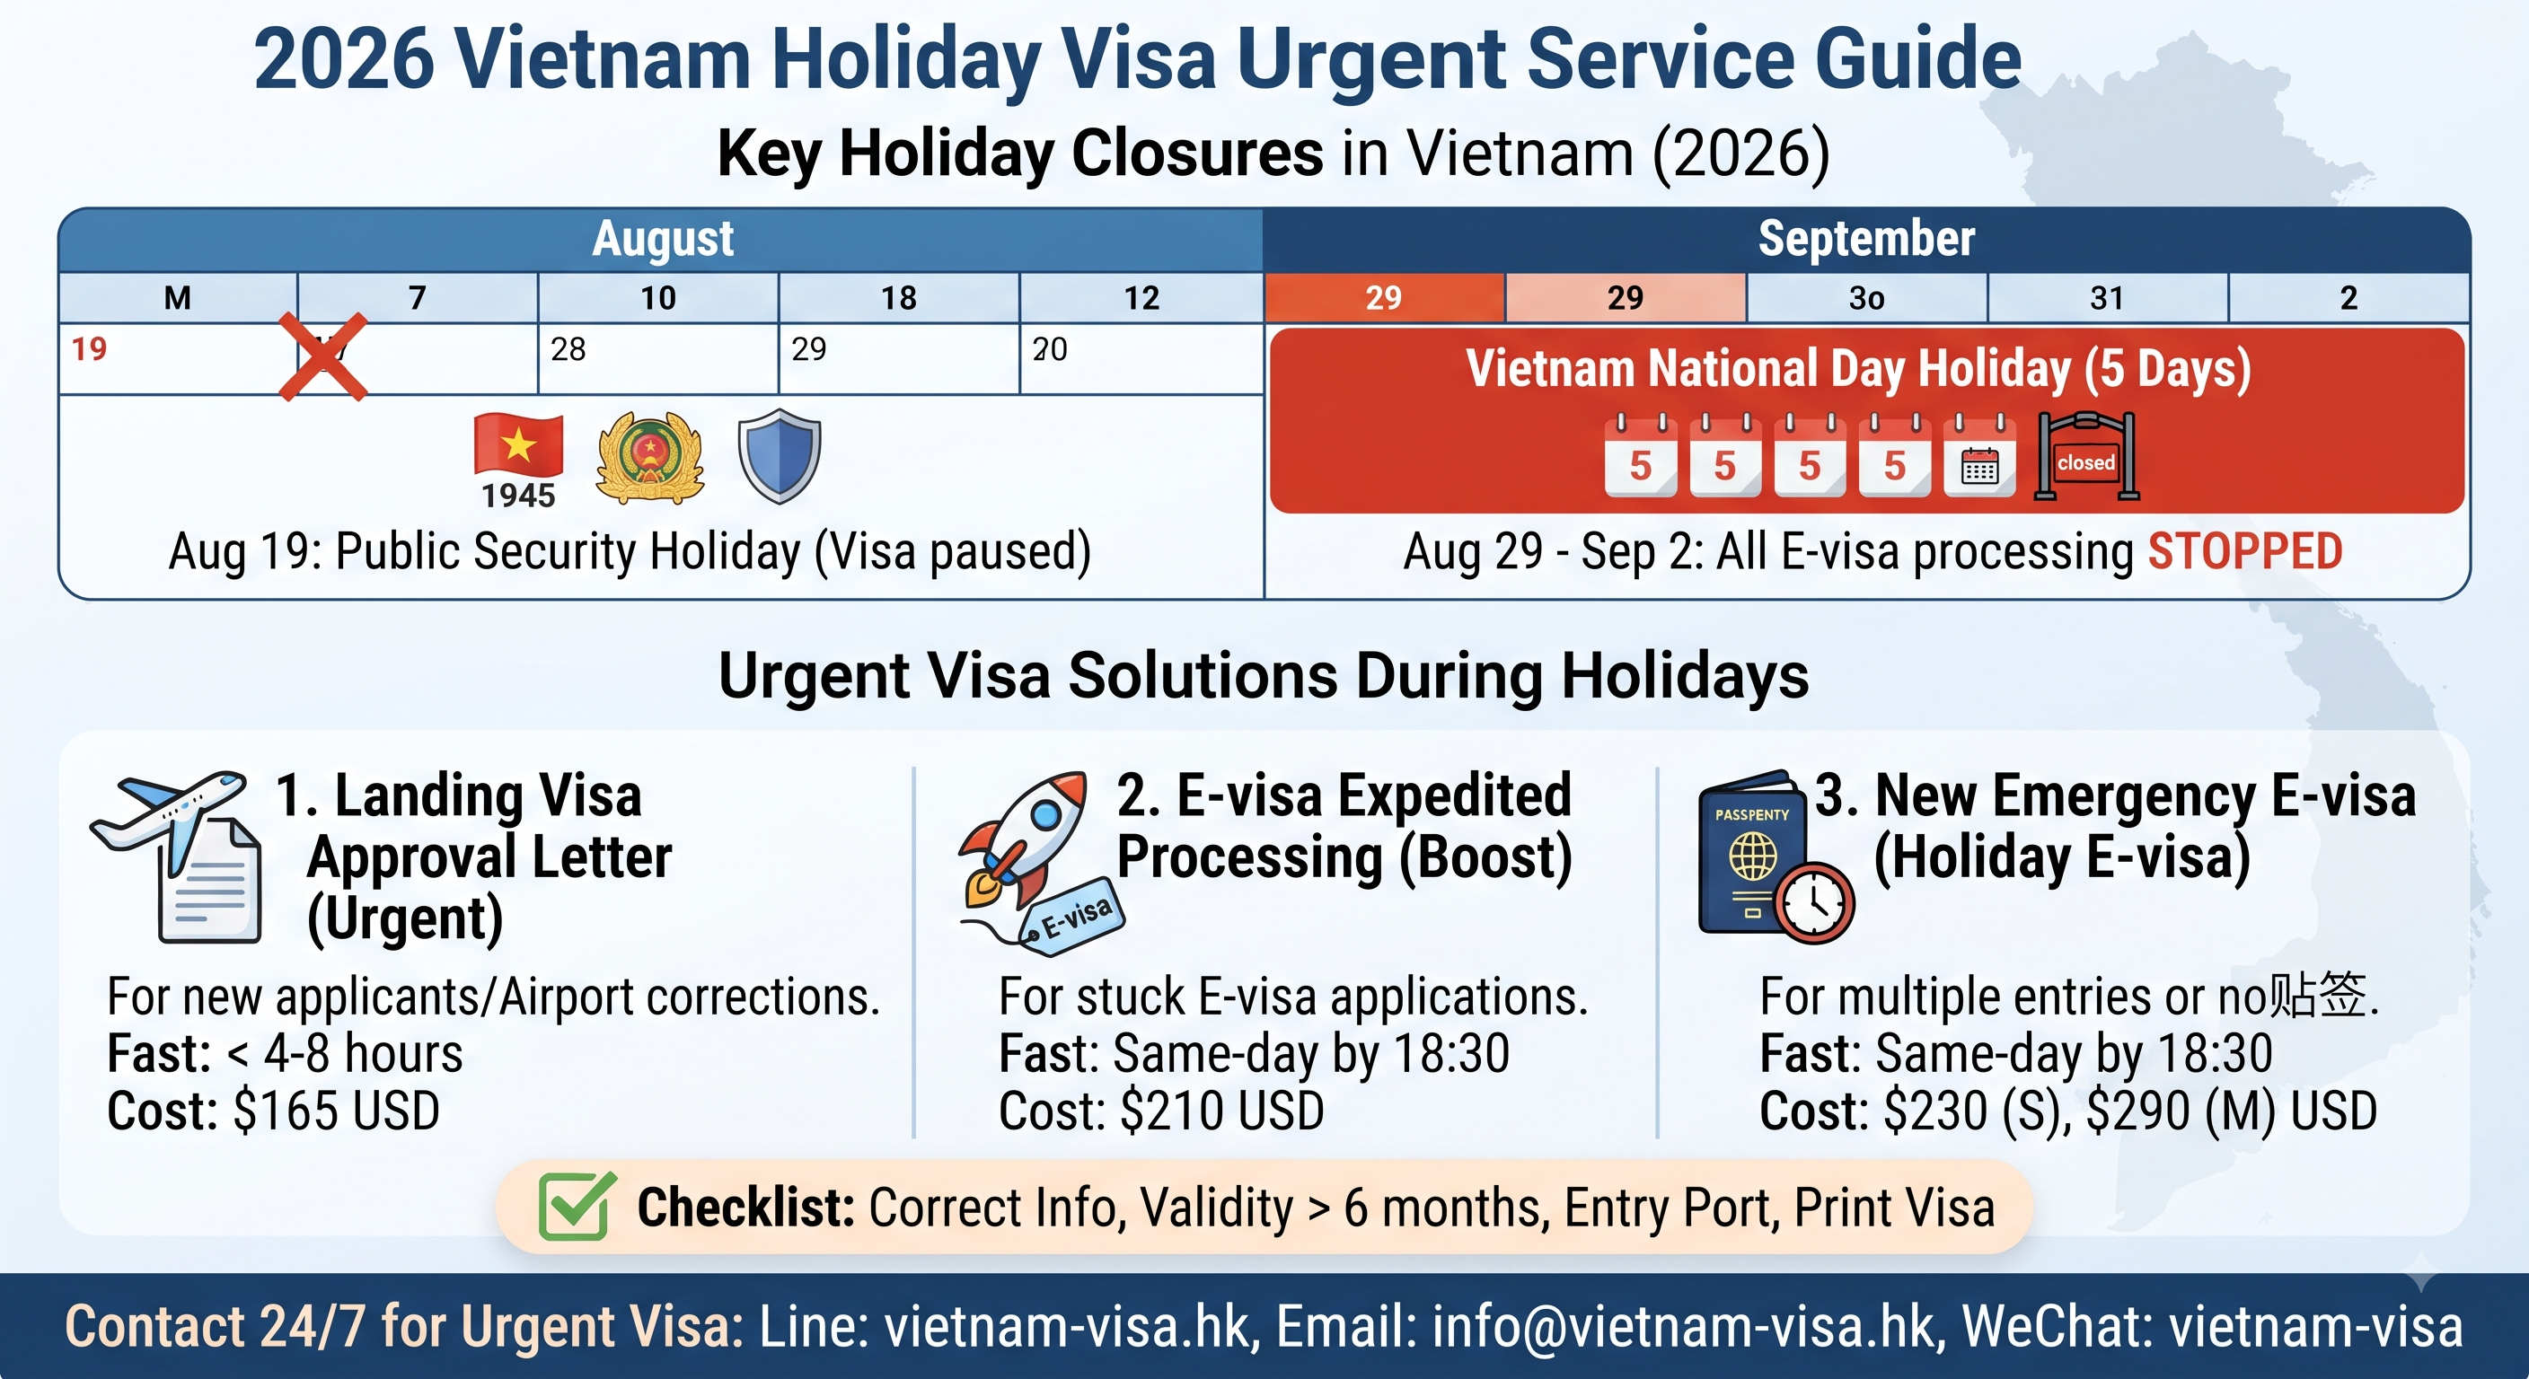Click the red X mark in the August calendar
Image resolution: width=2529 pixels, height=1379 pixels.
tap(323, 357)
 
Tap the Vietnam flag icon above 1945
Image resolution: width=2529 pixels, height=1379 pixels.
tap(518, 444)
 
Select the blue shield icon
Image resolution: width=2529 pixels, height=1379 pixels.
tap(780, 455)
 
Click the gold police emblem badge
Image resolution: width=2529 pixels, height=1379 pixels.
tap(650, 457)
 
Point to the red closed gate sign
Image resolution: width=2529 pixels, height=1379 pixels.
tap(2086, 456)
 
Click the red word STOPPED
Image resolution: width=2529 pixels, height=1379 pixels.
tap(2245, 551)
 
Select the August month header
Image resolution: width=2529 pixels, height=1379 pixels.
tap(663, 239)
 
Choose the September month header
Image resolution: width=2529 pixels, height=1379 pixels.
tap(1866, 239)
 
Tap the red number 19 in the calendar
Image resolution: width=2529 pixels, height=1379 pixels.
tap(88, 348)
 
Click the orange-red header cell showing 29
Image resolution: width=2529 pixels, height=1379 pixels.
tap(1384, 297)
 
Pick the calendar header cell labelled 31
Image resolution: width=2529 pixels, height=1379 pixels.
tap(2107, 297)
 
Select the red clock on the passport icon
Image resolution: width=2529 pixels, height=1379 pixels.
tap(1813, 902)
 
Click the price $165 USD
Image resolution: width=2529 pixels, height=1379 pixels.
tap(337, 1111)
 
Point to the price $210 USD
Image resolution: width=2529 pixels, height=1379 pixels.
tap(1222, 1111)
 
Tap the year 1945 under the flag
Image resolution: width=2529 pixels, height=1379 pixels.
tap(518, 496)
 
